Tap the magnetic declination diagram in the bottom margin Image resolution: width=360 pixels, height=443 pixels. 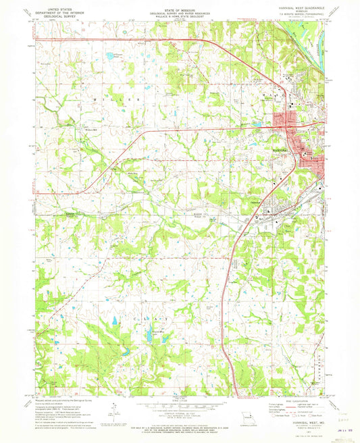click(115, 409)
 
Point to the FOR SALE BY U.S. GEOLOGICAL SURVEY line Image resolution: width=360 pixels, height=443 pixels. click(180, 426)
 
